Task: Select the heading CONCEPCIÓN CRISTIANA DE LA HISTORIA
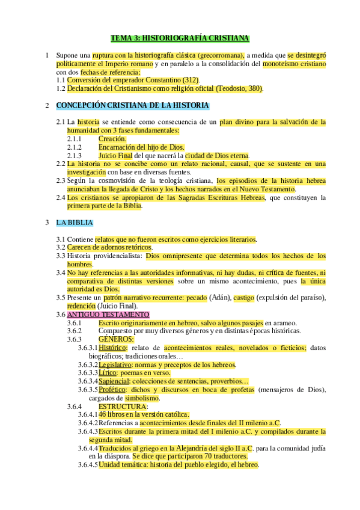coord(132,106)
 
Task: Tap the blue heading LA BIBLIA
coord(75,223)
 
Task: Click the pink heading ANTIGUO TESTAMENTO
coord(108,315)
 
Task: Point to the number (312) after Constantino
coord(190,80)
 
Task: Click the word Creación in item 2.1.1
coord(112,138)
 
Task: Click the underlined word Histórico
coord(112,348)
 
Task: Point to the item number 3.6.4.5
coord(88,465)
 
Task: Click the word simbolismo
coord(142,398)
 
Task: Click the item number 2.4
coord(60,197)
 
